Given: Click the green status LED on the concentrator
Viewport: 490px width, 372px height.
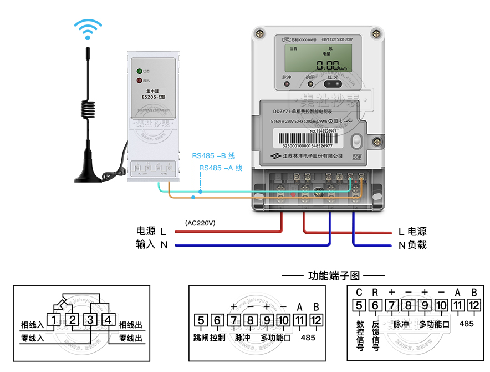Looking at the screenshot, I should [140, 71].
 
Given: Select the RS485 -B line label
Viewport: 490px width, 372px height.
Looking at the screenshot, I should [214, 156].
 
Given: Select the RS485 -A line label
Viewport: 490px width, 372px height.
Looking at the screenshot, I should [221, 168].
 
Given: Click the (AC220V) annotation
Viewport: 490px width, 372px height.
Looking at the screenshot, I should [201, 223].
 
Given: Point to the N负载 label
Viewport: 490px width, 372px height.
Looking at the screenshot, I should [412, 245].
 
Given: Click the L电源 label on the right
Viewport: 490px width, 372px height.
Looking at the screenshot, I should [412, 232].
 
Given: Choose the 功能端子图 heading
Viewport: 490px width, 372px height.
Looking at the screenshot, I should [334, 275].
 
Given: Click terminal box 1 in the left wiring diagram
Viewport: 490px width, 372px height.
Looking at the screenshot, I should [54, 320].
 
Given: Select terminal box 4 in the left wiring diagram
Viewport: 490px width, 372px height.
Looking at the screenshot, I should [109, 320].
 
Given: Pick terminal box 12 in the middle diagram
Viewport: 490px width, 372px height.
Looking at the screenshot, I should [316, 320].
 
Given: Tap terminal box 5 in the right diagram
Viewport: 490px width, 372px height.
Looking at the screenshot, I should [359, 305].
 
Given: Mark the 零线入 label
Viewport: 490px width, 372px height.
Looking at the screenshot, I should [32, 338].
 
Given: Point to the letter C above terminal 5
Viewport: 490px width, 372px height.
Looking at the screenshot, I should [359, 292].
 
